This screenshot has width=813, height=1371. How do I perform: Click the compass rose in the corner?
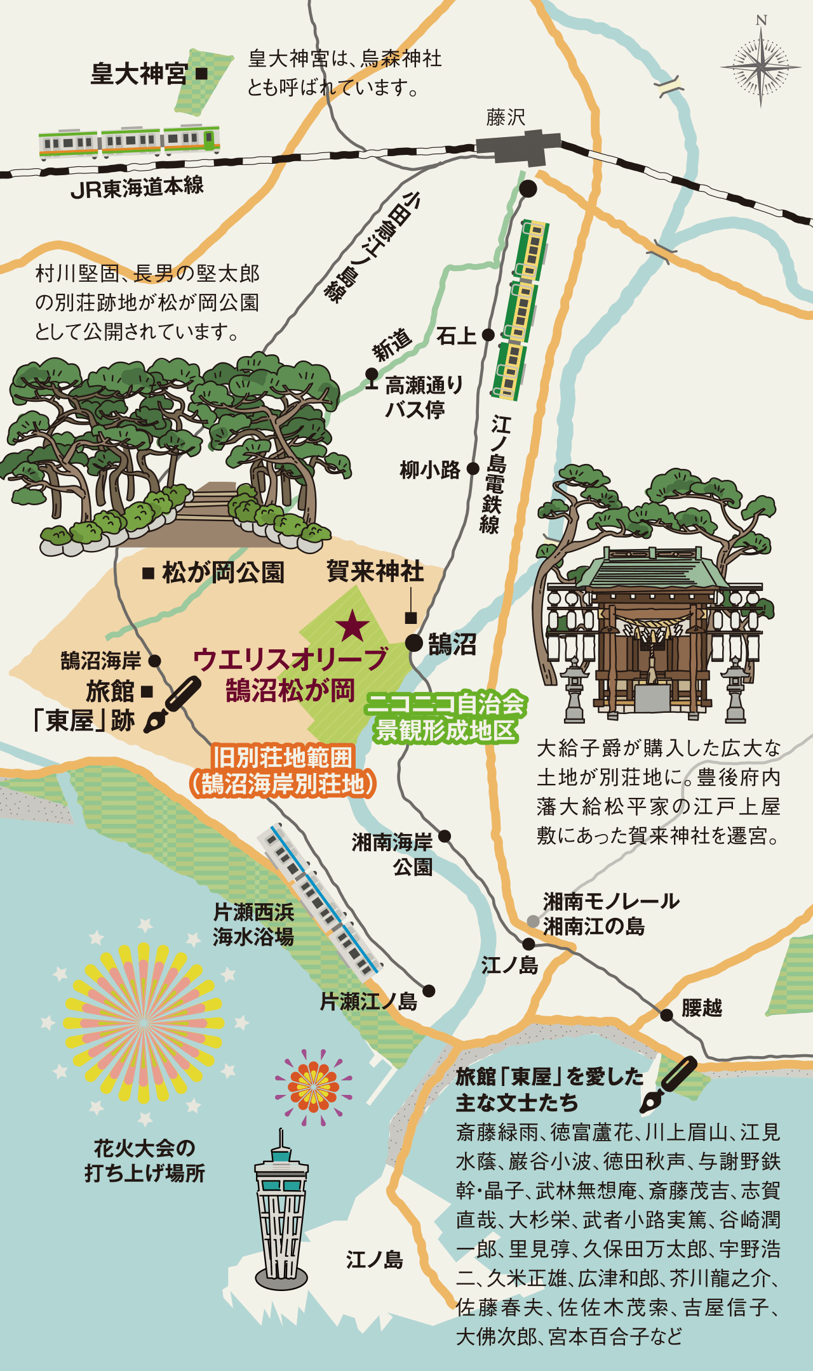click(x=761, y=65)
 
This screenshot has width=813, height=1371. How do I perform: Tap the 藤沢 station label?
click(x=506, y=117)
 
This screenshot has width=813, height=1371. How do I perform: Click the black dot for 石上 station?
click(x=488, y=334)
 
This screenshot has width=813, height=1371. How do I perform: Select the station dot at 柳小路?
click(x=473, y=468)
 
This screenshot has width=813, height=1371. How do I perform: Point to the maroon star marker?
click(x=353, y=626)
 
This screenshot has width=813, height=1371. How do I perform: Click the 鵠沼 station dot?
click(x=414, y=643)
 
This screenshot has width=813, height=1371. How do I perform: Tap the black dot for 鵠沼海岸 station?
click(x=154, y=661)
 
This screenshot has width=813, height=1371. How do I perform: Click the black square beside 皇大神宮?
click(x=201, y=74)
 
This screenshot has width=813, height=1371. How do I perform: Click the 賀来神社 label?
click(x=375, y=571)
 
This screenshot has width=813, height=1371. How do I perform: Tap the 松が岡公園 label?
click(x=222, y=573)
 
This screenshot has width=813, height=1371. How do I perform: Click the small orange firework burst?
click(x=313, y=1087)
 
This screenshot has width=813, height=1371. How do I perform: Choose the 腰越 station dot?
click(x=666, y=1015)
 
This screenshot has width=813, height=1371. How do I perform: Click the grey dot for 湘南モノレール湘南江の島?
click(x=533, y=921)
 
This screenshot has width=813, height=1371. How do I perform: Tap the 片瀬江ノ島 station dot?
click(x=429, y=991)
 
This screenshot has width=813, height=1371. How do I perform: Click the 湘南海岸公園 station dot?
click(x=445, y=836)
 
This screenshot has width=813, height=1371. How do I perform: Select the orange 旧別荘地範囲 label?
click(x=283, y=771)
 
